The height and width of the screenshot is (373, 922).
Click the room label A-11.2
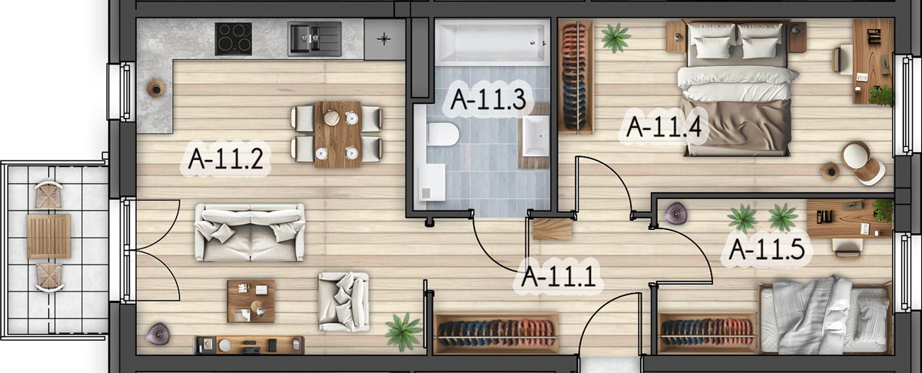tap(226, 159)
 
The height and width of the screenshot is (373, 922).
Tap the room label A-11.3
tap(488, 99)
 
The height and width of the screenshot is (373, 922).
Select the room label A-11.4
tap(664, 127)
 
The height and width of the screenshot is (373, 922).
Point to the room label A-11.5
tap(767, 249)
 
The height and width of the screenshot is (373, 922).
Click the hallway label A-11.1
tap(559, 276)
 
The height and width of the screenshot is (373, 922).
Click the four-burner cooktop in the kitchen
tap(234, 38)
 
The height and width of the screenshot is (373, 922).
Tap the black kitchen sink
tap(314, 38)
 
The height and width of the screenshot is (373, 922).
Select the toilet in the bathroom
tap(443, 134)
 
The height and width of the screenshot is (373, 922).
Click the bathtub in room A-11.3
tap(493, 42)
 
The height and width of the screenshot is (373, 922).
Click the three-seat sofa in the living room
tap(250, 232)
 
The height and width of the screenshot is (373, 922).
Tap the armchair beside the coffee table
tap(343, 301)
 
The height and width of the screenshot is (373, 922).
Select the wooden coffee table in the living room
tap(251, 301)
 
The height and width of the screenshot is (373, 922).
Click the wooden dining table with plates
tap(338, 135)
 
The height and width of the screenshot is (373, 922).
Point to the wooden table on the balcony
tap(48, 236)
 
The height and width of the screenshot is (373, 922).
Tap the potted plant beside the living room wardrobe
tap(403, 331)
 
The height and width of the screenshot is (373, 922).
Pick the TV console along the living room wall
tap(249, 345)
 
